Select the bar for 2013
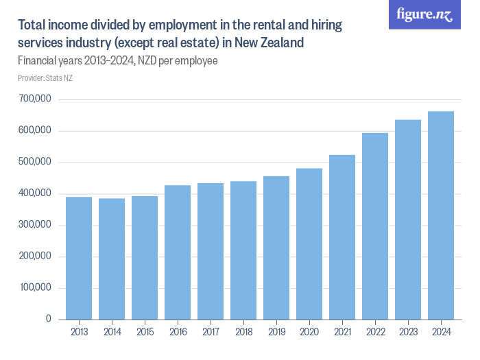pyautogui.click(x=79, y=258)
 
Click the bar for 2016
pyautogui.click(x=178, y=252)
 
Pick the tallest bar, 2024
pyautogui.click(x=441, y=215)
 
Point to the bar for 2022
pyautogui.click(x=375, y=226)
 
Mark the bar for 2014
pyautogui.click(x=112, y=259)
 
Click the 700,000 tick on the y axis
pyautogui.click(x=36, y=99)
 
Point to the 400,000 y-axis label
pyautogui.click(x=36, y=194)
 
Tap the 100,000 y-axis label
pyautogui.click(x=36, y=288)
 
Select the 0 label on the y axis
pyautogui.click(x=48, y=320)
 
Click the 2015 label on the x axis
pyautogui.click(x=145, y=333)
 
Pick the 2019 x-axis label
pyautogui.click(x=276, y=333)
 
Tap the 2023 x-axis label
pyautogui.click(x=408, y=333)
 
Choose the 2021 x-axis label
pyautogui.click(x=342, y=333)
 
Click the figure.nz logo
pyautogui.click(x=424, y=15)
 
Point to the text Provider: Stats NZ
pyautogui.click(x=45, y=78)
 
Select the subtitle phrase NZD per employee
pyautogui.click(x=179, y=61)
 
